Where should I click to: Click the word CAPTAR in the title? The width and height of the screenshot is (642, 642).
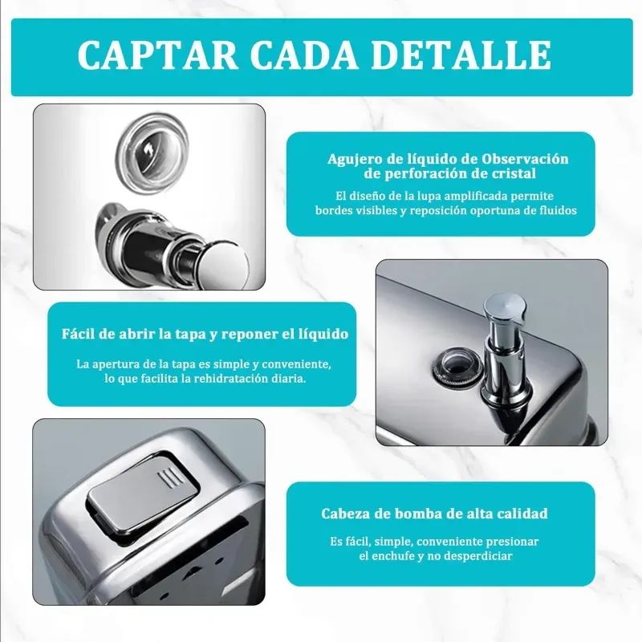158,55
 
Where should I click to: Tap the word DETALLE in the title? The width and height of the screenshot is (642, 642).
461,55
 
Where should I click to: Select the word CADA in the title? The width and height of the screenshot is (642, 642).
304,55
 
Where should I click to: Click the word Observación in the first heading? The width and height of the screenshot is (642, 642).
525,158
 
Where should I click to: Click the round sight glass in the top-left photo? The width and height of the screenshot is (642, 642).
152,152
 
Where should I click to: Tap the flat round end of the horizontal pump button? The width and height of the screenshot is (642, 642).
226,263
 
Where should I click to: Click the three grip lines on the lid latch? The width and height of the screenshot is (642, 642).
170,478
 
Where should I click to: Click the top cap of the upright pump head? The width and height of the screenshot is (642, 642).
504,307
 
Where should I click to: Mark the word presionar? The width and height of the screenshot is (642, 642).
512,541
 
